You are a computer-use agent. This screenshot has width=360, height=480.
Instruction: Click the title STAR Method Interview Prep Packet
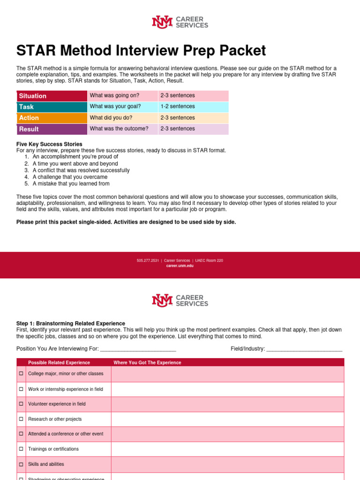141,51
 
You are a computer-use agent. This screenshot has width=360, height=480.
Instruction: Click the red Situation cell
52,96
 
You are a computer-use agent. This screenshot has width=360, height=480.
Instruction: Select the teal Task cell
52,107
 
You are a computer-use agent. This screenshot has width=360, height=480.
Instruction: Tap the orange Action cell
52,118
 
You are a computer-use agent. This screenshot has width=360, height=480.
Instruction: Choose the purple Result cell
52,129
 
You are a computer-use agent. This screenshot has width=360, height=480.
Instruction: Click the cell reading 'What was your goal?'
115,106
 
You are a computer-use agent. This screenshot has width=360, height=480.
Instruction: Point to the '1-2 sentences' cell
178,106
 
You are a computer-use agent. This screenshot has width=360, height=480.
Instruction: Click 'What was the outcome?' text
119,128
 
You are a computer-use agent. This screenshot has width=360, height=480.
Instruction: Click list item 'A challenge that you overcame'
70,177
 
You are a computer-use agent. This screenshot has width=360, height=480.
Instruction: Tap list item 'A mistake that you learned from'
71,184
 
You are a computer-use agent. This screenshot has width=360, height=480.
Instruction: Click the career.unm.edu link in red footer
180,266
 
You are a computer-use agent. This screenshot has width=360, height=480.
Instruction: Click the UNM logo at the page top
162,22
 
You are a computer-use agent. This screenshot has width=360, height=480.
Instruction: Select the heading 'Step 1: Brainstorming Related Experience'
71,323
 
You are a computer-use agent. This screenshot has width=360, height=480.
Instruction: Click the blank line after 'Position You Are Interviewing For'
138,349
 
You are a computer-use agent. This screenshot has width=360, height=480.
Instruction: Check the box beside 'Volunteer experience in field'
21,404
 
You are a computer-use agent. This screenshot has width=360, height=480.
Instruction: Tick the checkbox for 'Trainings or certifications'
21,449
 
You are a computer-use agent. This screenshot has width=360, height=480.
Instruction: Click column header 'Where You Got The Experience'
147,363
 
